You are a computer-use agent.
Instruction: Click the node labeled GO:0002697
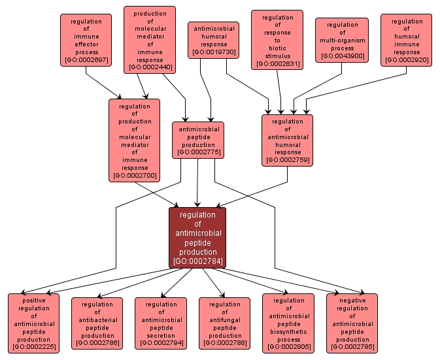click(86, 40)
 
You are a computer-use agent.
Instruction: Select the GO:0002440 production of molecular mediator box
click(149, 40)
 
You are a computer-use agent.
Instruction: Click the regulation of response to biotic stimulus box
click(277, 40)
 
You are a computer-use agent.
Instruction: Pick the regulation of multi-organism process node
click(342, 40)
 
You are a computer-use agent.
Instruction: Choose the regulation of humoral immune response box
click(407, 40)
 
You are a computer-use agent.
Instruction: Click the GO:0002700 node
click(135, 140)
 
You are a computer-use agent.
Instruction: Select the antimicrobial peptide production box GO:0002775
click(197, 140)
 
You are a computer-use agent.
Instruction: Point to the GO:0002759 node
click(287, 140)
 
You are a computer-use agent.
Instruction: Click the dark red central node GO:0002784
click(197, 238)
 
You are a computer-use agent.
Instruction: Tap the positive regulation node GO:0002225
click(33, 323)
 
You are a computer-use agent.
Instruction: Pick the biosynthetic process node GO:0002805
click(288, 323)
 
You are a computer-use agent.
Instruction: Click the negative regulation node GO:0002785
click(352, 323)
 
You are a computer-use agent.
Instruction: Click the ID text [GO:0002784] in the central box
click(197, 261)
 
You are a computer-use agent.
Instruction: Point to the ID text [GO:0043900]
click(342, 57)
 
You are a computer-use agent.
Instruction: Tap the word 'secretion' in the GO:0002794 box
click(161, 335)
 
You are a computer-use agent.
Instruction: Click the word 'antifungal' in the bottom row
click(224, 319)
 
